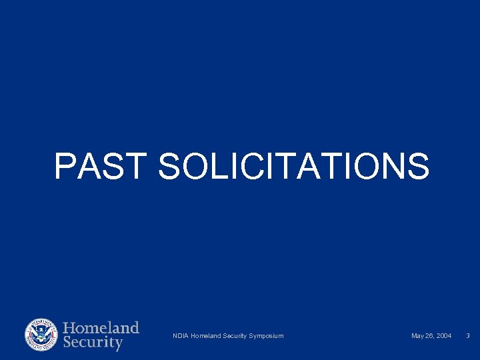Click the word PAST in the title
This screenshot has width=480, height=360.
click(x=99, y=166)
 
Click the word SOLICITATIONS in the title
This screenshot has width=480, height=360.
click(x=294, y=166)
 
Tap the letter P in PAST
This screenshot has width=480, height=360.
click(x=65, y=166)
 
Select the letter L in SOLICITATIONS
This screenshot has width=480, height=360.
click(x=221, y=166)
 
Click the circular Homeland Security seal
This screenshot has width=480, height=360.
click(x=41, y=335)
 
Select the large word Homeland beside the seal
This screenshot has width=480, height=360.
click(x=101, y=328)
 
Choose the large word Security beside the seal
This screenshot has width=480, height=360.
click(x=93, y=343)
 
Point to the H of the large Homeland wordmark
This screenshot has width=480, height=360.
click(x=70, y=328)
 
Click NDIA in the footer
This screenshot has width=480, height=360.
click(x=180, y=335)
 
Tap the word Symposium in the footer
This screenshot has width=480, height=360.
click(x=265, y=335)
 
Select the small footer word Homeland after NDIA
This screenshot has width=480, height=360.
click(x=206, y=335)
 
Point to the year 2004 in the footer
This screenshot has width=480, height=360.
click(x=443, y=335)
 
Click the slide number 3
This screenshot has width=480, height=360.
click(x=468, y=335)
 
